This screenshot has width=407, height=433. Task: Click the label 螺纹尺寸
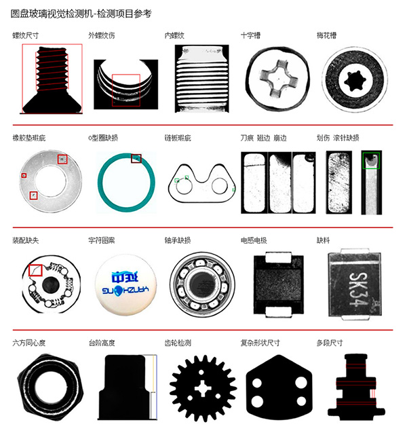26,35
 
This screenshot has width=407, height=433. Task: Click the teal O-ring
126,183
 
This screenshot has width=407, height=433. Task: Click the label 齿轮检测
178,342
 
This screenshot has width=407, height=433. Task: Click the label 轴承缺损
178,240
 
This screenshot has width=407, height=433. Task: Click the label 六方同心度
29,342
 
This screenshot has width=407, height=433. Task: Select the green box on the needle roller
372,162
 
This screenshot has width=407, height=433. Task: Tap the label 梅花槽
326,35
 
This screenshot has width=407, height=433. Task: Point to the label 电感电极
254,240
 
